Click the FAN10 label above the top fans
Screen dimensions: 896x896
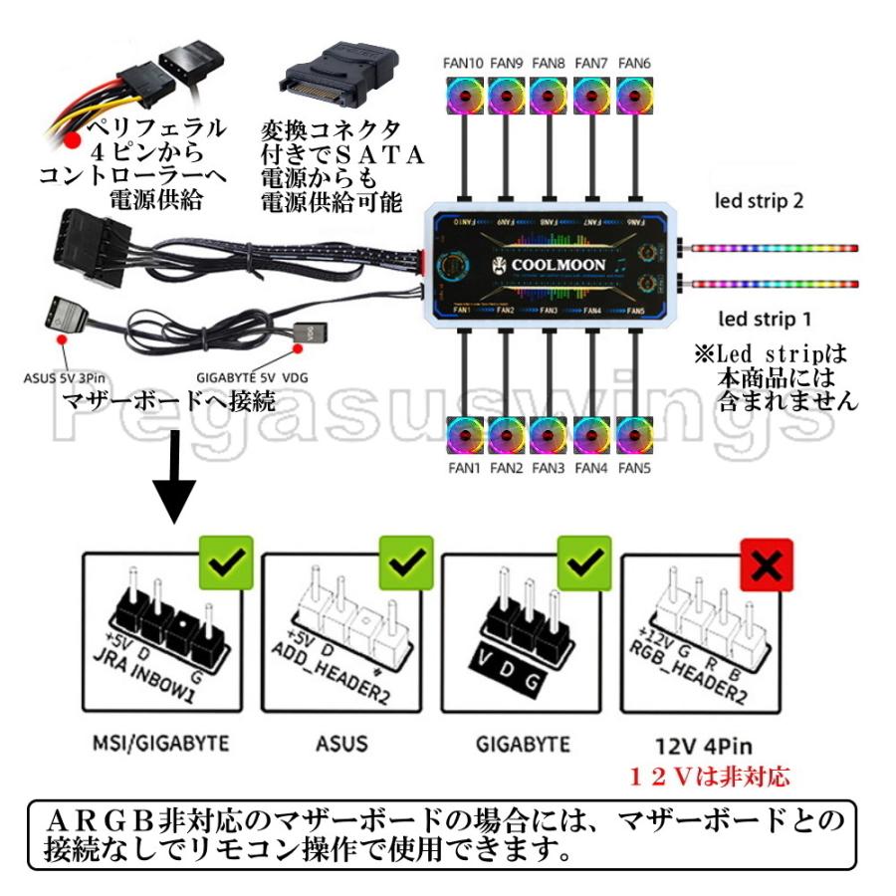[x=463, y=63]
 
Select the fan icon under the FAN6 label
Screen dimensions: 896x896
[x=634, y=98]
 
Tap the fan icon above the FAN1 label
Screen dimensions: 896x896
[x=464, y=436]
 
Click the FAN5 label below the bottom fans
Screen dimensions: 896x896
[x=634, y=468]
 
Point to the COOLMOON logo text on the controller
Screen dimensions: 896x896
[x=552, y=266]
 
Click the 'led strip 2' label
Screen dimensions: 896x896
[x=760, y=200]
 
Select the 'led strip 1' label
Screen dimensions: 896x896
[x=760, y=320]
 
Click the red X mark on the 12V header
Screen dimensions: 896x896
[x=766, y=565]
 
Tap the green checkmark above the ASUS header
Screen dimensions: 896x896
[x=406, y=562]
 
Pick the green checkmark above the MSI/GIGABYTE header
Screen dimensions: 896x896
[x=226, y=562]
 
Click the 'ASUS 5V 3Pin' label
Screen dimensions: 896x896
[x=63, y=377]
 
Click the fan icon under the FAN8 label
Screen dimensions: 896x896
[x=549, y=98]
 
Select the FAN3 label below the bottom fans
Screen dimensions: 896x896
[x=549, y=468]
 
